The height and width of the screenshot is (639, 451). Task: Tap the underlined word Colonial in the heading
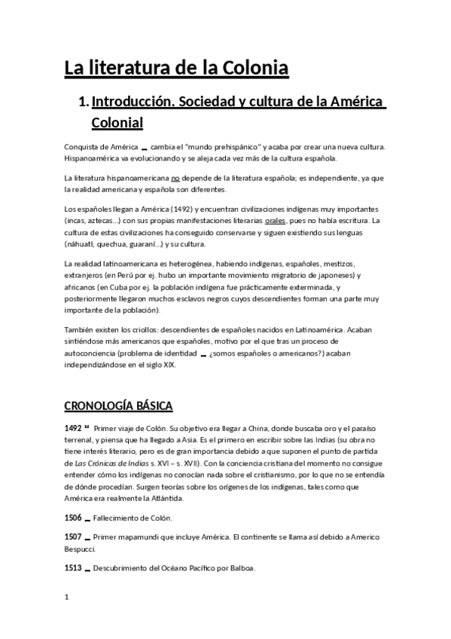coord(117,121)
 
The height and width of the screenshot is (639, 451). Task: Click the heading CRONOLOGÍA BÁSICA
coord(118,406)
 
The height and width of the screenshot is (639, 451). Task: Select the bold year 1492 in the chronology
coord(74,428)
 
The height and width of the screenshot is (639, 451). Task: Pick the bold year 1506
coord(74,518)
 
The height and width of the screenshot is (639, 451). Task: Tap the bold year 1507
coord(74,537)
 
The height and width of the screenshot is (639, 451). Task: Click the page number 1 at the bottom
coord(67,598)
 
